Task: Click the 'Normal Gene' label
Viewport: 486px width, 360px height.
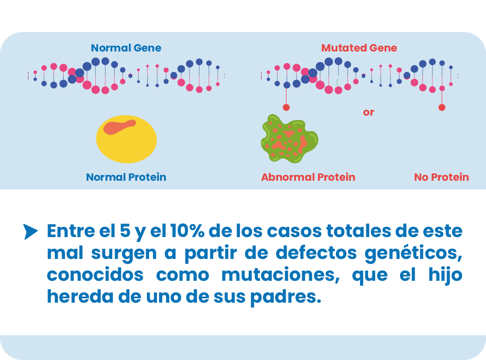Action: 126,48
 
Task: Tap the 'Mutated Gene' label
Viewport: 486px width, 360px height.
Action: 359,48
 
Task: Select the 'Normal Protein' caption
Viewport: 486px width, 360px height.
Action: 126,177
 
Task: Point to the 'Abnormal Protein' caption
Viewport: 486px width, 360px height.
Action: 308,177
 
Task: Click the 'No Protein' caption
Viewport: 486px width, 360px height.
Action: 441,177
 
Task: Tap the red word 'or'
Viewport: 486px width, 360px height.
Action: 368,112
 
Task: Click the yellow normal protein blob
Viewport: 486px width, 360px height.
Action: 126,139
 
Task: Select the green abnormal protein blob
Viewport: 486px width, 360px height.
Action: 289,139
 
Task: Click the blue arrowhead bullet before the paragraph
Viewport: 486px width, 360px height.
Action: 30,232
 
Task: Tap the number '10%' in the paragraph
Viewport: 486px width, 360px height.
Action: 187,231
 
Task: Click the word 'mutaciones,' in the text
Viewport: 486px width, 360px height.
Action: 280,275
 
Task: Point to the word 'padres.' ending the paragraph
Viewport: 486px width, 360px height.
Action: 285,297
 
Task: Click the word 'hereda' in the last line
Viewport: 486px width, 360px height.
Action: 80,296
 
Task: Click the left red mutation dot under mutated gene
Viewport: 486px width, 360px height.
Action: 286,107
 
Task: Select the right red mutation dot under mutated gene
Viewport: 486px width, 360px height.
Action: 442,107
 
